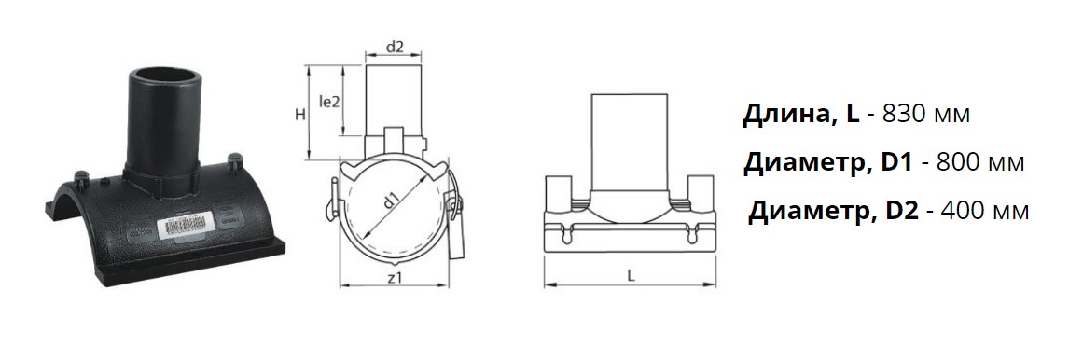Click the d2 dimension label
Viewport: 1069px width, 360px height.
pos(395,47)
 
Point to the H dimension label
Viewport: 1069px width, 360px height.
pos(299,116)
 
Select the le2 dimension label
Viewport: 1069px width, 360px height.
pos(329,102)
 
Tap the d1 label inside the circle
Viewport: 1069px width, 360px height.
pos(391,201)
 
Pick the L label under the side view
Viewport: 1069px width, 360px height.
pos(632,277)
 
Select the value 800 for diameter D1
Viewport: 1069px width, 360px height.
pos(959,163)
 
